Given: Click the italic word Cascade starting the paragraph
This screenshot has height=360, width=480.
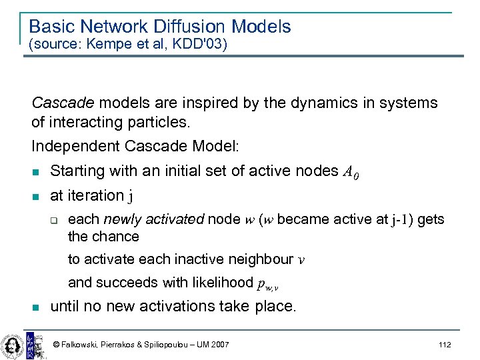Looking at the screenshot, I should pos(63,103).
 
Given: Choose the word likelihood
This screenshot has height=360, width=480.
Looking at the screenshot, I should pos(223,282).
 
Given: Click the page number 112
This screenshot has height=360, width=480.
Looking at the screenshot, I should pos(445,345).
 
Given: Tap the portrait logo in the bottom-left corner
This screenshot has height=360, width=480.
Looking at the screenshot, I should pos(12,343).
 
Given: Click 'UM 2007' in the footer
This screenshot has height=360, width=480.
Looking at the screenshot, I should pos(211,345).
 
